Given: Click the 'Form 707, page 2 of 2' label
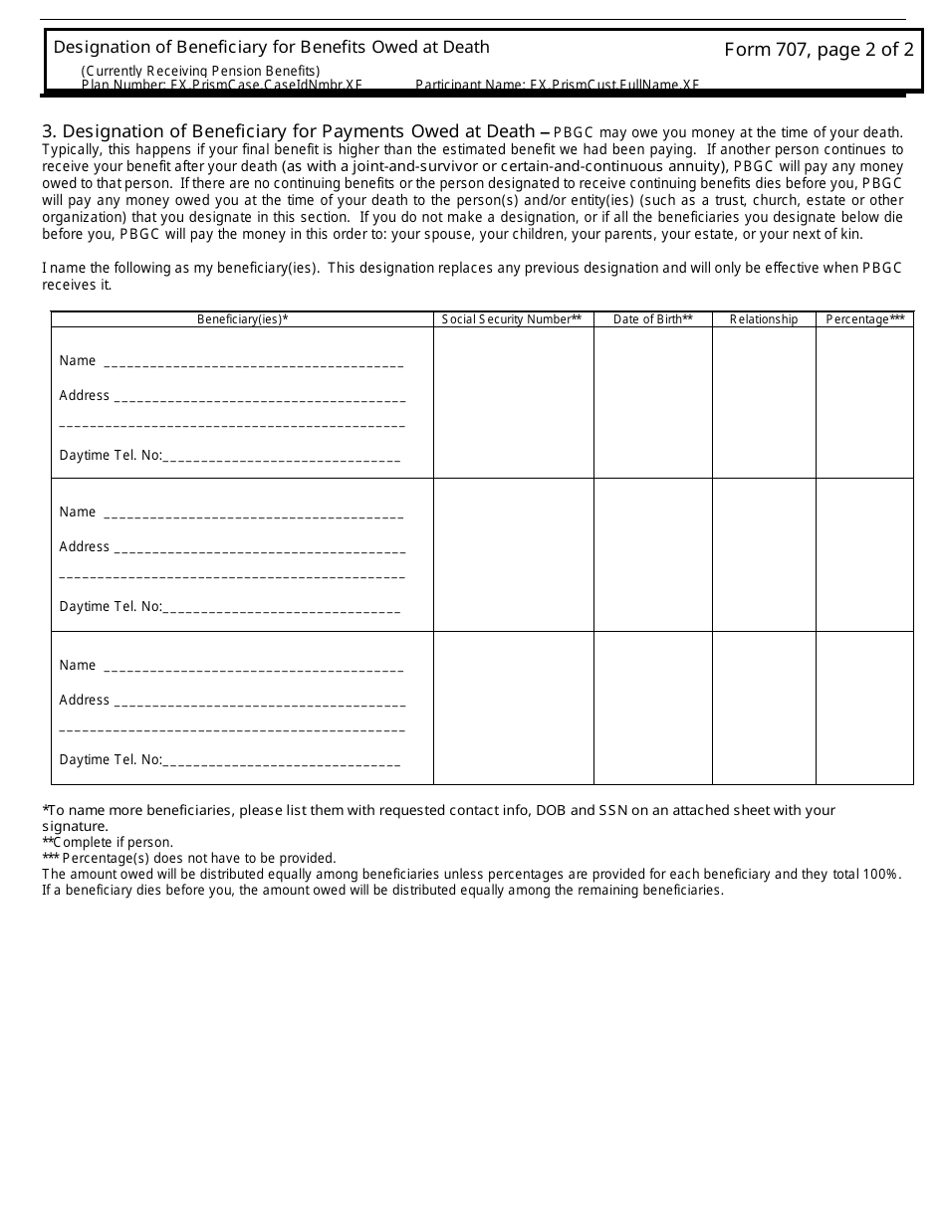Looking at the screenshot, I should [819, 51].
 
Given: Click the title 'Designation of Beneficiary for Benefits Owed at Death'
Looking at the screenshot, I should [271, 47].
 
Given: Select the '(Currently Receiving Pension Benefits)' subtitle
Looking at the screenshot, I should [200, 71].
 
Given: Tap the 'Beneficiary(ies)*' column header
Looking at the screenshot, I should [243, 319].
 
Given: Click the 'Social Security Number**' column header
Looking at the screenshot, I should [512, 319].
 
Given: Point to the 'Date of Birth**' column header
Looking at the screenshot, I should [652, 319].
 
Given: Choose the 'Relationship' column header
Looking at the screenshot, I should [764, 319].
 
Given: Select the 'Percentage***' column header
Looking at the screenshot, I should [864, 319].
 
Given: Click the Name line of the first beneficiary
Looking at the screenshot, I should [253, 362].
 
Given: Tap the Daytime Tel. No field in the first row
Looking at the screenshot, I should [281, 457].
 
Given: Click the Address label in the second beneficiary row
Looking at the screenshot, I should [85, 546].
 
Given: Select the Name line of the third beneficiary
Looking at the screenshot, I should [253, 667].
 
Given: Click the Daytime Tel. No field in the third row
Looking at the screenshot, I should [281, 761].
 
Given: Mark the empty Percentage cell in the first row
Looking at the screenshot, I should [864, 403].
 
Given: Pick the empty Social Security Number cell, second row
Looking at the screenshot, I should [513, 554].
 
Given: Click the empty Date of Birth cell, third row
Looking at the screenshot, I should [652, 708].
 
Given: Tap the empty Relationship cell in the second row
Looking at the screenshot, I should [764, 554].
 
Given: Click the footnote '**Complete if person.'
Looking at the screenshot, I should [108, 842].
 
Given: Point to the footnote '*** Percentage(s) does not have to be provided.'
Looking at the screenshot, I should [189, 858].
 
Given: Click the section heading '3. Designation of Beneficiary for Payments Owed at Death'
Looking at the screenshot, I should [289, 131].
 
